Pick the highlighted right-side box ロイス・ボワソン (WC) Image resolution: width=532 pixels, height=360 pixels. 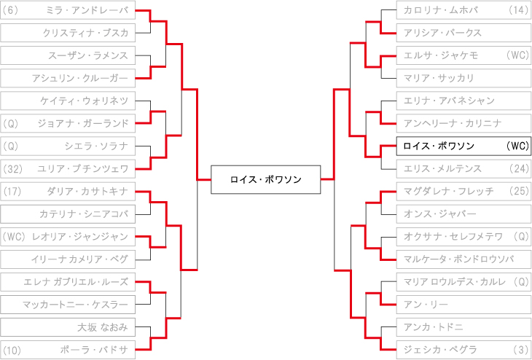tap(463, 146)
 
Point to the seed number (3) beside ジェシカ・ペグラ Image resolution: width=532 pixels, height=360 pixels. tap(520, 350)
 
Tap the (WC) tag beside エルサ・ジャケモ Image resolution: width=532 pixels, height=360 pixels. tap(516, 56)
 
